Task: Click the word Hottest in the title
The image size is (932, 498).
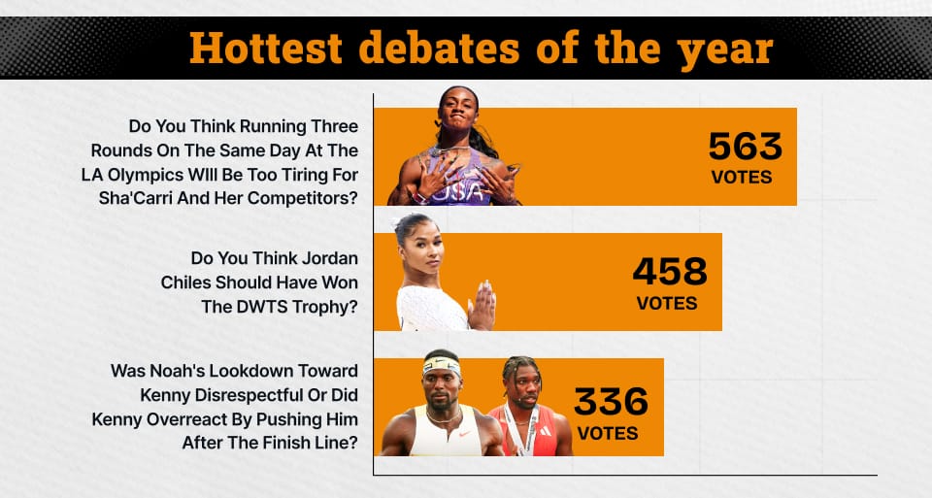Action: point(266,49)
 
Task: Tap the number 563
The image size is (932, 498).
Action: point(745,147)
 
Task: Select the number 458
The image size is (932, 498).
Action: point(670,272)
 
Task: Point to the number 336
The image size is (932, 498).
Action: point(611,402)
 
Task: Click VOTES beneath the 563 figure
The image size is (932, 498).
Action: point(741,177)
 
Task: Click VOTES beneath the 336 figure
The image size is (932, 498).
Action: point(608,433)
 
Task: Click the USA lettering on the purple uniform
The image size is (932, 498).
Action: point(456,191)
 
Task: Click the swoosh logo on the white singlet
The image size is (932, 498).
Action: point(465,434)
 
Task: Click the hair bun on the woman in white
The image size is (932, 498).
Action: point(402,224)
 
